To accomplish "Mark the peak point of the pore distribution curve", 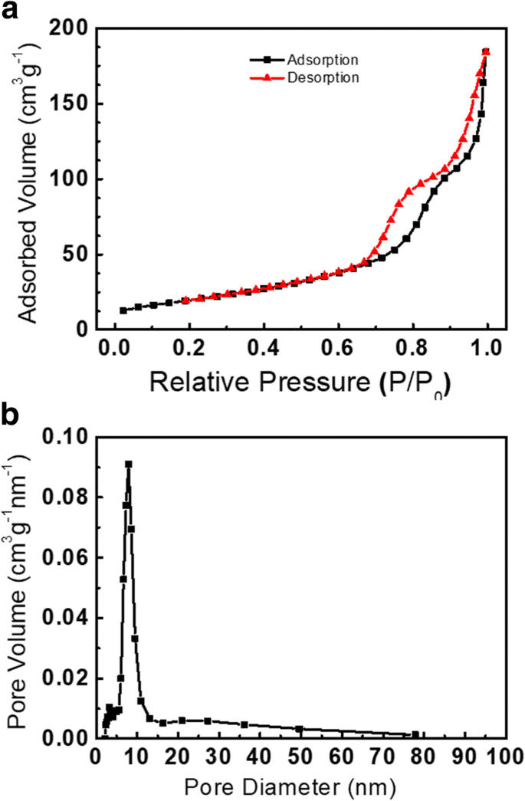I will pyautogui.click(x=129, y=465).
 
